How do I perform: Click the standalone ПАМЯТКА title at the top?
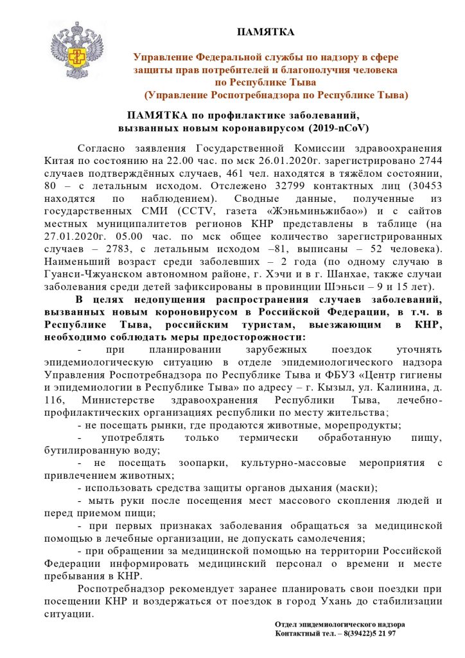[x=266, y=32]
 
